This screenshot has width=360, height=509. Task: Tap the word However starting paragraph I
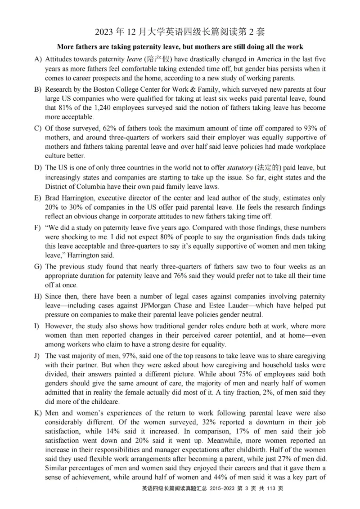(59, 326)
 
